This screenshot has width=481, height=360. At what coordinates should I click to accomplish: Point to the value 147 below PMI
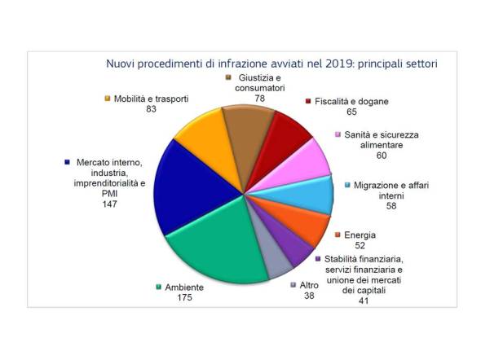[x=110, y=204]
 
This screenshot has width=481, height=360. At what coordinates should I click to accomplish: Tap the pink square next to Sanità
[x=338, y=134]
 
